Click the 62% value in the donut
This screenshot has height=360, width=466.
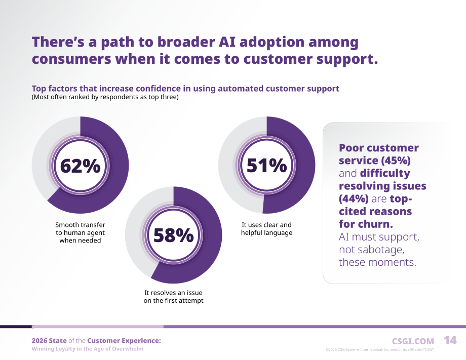pos(80,166)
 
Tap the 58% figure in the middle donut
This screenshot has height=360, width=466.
pos(174,235)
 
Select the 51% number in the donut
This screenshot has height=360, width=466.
pos(266,165)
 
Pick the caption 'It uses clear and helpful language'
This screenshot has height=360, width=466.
pos(266,229)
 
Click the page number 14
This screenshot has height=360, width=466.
pos(450,340)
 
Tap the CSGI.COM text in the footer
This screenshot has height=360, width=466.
pos(413,341)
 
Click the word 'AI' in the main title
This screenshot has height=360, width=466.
pos(227,42)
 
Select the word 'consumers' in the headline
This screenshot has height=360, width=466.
pos(71,59)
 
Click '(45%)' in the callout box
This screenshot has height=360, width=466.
pos(396,161)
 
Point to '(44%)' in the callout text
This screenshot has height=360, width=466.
pos(354,198)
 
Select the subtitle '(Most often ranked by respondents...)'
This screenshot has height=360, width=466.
pos(105,97)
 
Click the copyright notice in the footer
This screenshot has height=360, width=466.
pos(380,349)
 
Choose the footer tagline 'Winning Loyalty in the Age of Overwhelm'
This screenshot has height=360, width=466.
pos(87,349)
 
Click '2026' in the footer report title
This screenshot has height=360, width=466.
pos(40,341)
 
